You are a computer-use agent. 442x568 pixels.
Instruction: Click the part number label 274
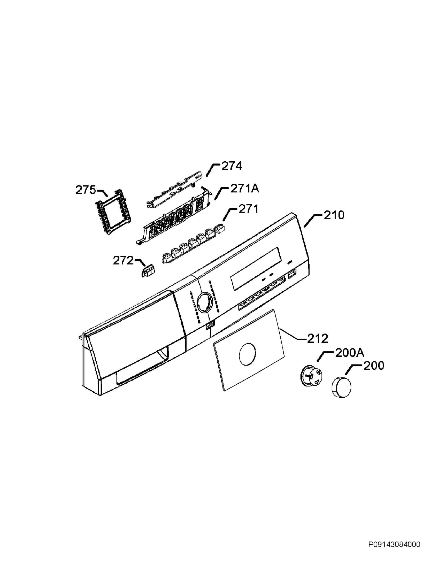[x=232, y=166]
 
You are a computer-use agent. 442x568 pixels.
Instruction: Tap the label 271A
[x=245, y=189]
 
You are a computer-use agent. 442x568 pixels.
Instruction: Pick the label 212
[x=317, y=339]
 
